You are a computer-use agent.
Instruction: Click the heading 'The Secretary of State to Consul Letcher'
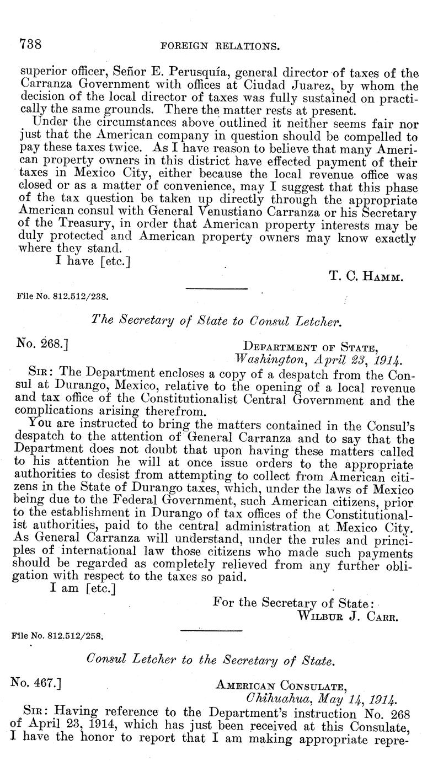(216, 320)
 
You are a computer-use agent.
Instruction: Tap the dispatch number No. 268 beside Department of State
(42, 344)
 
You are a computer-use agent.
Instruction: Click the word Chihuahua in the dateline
(274, 700)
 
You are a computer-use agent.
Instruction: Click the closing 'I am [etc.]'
(83, 588)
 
